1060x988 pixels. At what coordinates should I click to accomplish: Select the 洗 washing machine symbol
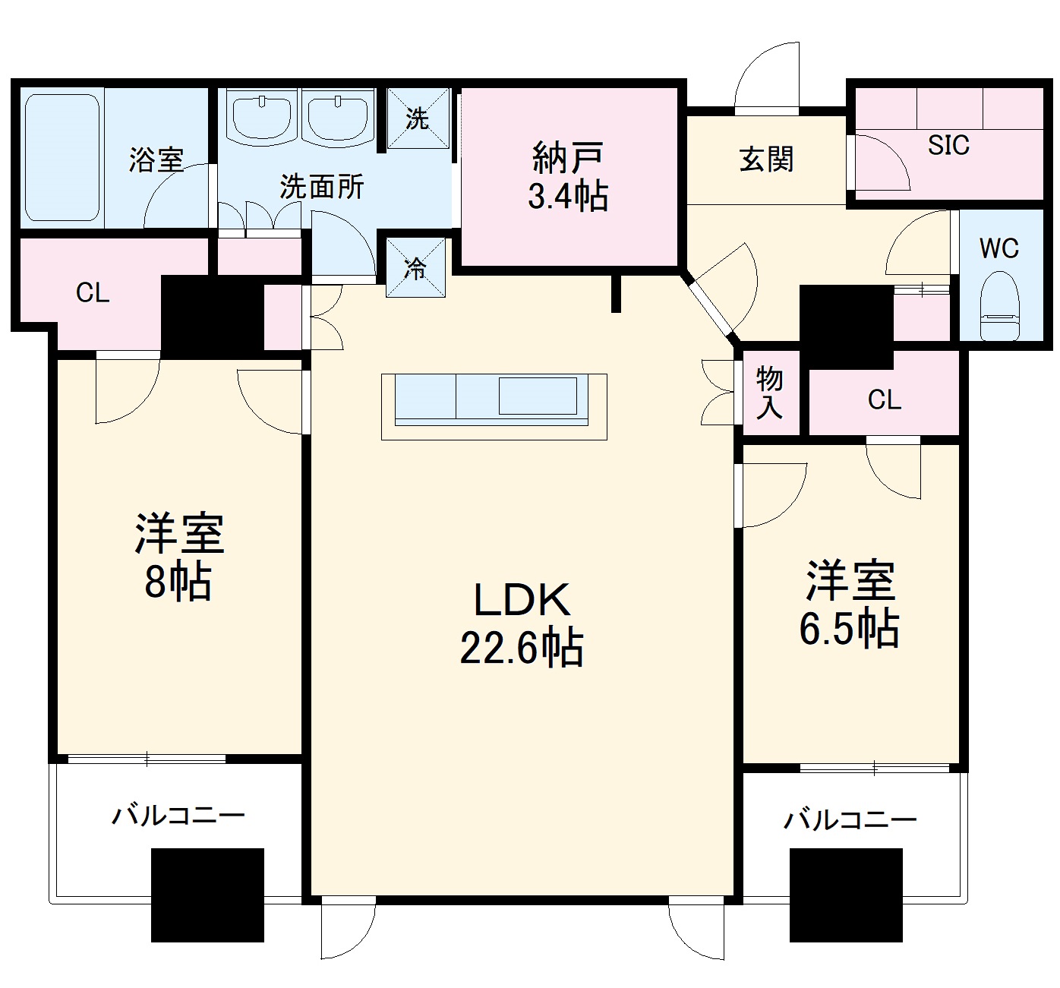coord(418,118)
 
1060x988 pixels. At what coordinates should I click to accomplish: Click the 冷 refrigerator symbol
coord(415,267)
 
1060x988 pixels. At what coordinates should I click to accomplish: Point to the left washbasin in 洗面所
coord(262,118)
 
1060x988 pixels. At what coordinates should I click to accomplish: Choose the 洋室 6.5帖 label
coord(850,604)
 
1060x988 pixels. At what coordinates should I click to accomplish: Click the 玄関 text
coord(766,159)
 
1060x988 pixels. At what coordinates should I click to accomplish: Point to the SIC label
coord(948,144)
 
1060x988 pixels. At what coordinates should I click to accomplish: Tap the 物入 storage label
coord(769,393)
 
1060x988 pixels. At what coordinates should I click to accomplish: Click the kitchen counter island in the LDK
coord(494,406)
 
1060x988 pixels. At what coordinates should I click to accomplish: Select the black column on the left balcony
coord(207,895)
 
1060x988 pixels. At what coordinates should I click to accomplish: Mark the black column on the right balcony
coord(846,895)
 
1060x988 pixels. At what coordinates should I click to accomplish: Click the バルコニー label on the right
coord(850,820)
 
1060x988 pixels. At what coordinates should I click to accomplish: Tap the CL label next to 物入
coord(885,399)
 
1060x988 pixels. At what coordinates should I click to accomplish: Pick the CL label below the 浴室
coord(93,292)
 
